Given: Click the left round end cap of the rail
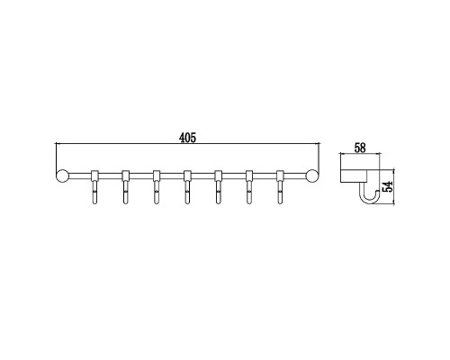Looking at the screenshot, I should tap(62, 175).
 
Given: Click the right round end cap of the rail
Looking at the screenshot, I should tap(314, 175).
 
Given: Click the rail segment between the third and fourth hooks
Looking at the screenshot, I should tap(172, 174).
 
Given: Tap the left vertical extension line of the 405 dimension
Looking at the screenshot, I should tap(56, 157).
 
